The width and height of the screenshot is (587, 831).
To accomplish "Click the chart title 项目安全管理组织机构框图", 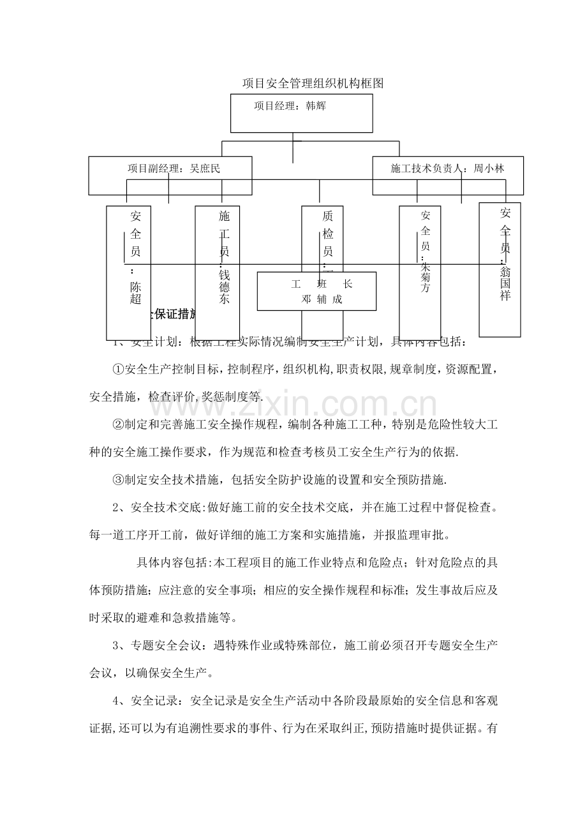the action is [313, 84].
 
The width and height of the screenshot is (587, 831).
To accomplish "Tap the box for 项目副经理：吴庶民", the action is [170, 176].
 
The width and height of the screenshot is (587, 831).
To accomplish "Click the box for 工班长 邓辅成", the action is [316, 291].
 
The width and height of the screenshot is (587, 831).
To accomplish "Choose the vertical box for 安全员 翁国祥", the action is [500, 268].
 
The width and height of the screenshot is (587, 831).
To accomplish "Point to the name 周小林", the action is [489, 168].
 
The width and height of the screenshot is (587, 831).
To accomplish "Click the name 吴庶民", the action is [205, 168].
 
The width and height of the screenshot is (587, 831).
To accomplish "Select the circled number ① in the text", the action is [119, 369].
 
